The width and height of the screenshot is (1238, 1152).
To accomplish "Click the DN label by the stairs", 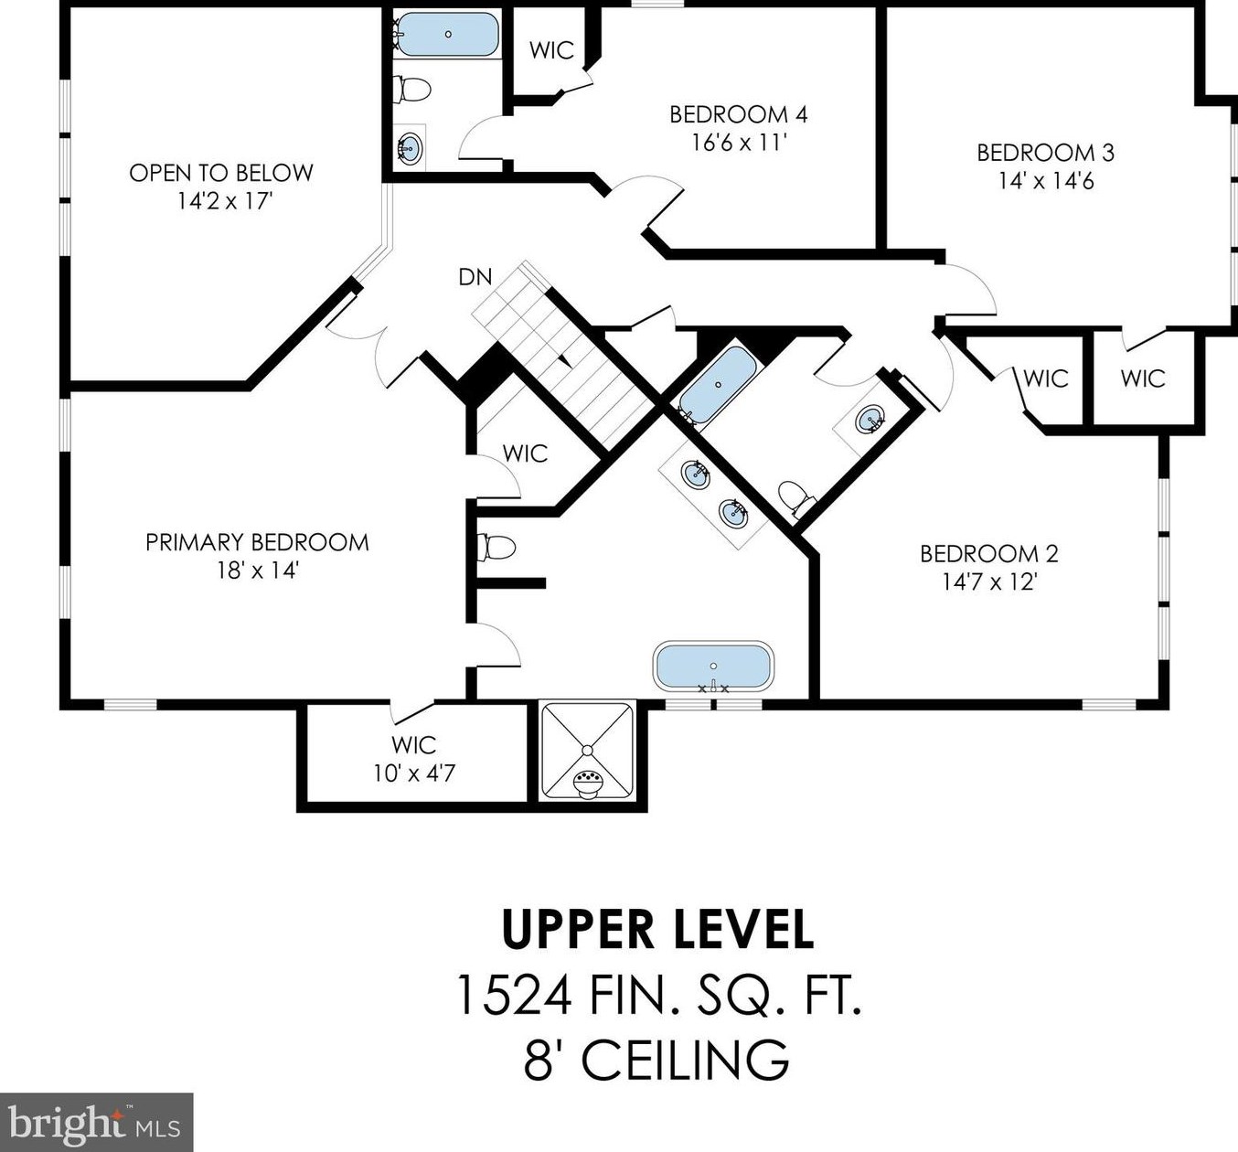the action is [475, 277].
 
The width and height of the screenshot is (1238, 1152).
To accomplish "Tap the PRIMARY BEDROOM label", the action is [258, 542].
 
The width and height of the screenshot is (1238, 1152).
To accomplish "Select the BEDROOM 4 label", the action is [739, 114].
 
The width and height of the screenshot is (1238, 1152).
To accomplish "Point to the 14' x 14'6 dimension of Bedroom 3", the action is [1046, 181].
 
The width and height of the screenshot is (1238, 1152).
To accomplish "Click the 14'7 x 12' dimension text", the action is [989, 582].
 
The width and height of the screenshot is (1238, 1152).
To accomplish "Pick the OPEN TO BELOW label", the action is [221, 173].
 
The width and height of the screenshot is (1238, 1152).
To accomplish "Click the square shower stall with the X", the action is [587, 751].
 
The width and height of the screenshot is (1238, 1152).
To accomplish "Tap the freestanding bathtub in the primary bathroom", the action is [713, 667].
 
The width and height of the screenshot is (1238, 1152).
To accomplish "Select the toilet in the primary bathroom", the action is [496, 548].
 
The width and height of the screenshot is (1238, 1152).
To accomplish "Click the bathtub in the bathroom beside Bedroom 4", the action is [448, 35].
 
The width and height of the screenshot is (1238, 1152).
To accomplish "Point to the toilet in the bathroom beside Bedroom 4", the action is [412, 90].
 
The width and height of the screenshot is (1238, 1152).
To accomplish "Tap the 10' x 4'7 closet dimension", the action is [414, 774].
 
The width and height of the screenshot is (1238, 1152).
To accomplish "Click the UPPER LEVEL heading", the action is [657, 931].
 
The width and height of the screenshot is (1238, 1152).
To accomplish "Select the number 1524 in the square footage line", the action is [514, 997].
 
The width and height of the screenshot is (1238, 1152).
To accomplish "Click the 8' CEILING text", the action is [657, 1060].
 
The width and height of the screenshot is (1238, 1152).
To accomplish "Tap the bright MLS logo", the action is [96, 1122].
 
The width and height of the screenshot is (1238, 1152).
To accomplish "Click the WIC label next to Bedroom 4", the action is [551, 50].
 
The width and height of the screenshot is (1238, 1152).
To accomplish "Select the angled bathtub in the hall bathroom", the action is [718, 385].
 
